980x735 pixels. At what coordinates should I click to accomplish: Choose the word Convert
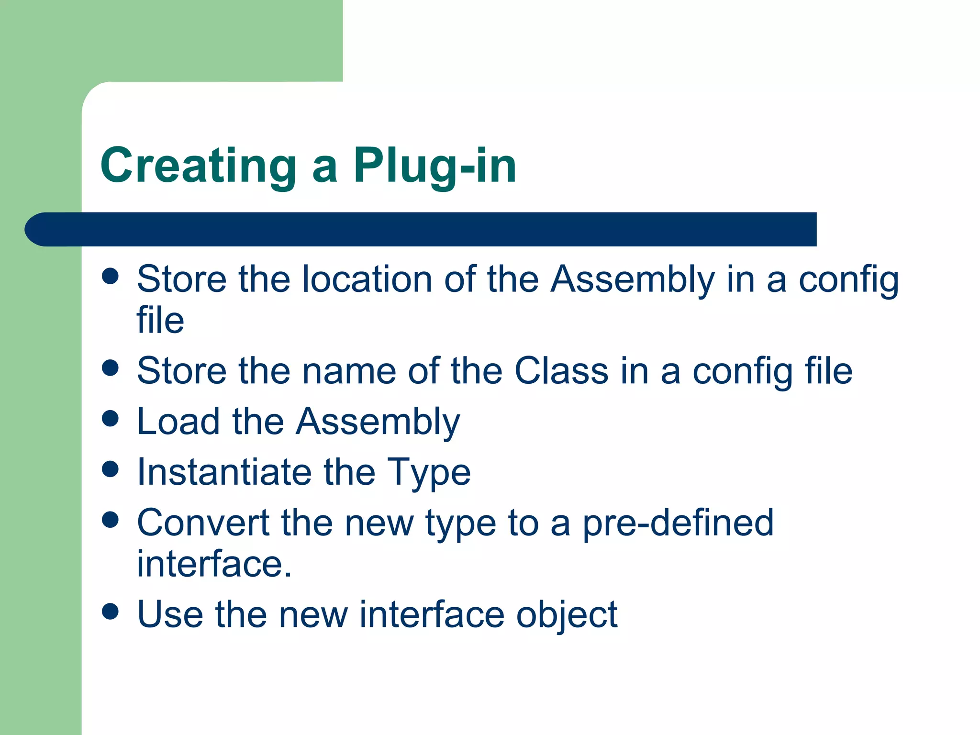(203, 523)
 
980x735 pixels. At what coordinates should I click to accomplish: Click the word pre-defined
(678, 523)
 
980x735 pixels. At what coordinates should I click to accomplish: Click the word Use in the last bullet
(170, 614)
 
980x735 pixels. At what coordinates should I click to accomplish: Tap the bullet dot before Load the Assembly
(111, 418)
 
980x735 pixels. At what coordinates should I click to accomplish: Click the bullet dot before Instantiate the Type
(111, 469)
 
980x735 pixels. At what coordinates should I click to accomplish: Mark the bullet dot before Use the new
(111, 611)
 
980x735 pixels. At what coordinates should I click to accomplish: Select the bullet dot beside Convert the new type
(111, 520)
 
